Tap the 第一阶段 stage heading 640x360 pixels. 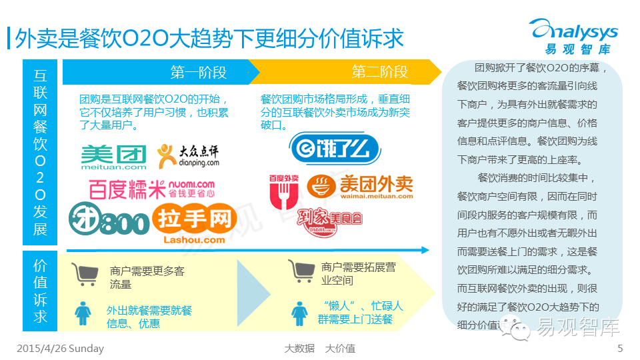click(199, 72)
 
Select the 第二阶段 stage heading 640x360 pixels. click(379, 72)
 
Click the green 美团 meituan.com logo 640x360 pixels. click(113, 159)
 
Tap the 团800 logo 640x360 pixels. click(109, 221)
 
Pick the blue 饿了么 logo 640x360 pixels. click(334, 148)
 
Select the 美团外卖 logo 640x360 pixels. click(360, 186)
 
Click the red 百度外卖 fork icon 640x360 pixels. click(282, 191)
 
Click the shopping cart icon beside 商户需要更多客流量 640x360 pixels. click(85, 274)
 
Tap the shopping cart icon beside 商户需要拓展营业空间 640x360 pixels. click(301, 271)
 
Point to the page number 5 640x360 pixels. click(620, 349)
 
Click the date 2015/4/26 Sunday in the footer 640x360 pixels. click(60, 349)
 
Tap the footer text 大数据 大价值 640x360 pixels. click(319, 349)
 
